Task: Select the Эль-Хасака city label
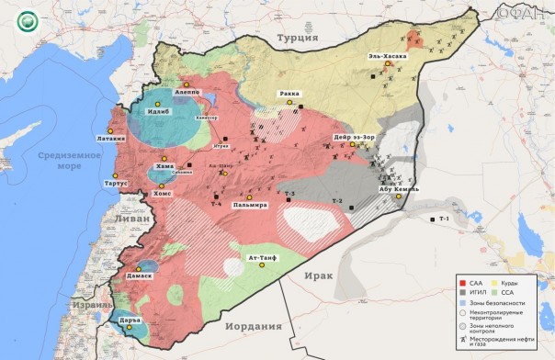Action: click(388, 57)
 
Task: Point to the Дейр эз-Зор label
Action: click(354, 138)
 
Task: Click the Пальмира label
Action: click(250, 205)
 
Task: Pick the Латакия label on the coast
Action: click(105, 139)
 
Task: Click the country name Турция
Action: click(298, 38)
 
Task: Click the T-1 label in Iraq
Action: click(444, 219)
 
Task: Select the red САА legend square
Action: click(463, 284)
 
